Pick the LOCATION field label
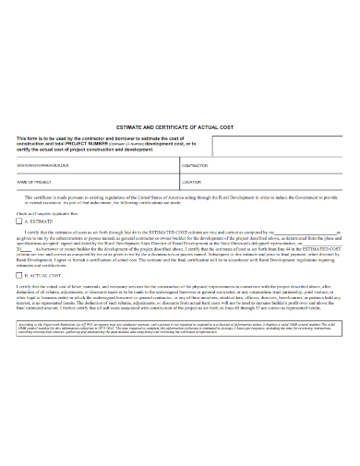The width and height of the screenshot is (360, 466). point(191,183)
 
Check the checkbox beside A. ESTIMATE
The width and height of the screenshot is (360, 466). point(20,221)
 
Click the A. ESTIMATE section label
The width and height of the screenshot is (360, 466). point(41,221)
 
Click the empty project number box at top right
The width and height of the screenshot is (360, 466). point(276,144)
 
